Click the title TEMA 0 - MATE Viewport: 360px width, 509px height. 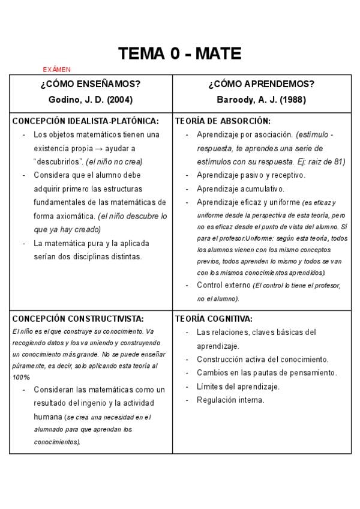pyautogui.click(x=179, y=54)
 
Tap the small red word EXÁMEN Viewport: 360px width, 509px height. pyautogui.click(x=57, y=70)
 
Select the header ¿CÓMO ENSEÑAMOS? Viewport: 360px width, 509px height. pyautogui.click(x=91, y=84)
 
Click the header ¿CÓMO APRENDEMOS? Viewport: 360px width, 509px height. pyautogui.click(x=262, y=84)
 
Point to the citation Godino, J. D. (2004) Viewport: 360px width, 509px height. pyautogui.click(x=91, y=100)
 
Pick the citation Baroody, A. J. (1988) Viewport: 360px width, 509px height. pyautogui.click(x=262, y=100)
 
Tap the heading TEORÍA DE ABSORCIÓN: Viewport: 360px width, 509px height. pyautogui.click(x=223, y=121)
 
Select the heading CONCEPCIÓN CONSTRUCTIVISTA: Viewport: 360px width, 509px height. pyautogui.click(x=78, y=319)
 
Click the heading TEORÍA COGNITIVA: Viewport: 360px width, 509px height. pyautogui.click(x=214, y=319)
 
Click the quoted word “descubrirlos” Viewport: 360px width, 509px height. pyautogui.click(x=58, y=161)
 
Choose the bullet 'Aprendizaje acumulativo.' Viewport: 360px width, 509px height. pyautogui.click(x=241, y=189)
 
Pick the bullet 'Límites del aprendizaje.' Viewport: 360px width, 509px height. pyautogui.click(x=238, y=387)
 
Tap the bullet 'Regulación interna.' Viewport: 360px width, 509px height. pyautogui.click(x=230, y=400)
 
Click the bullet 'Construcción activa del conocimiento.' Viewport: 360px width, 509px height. pyautogui.click(x=262, y=360)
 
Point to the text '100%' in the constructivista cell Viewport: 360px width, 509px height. pyautogui.click(x=21, y=377)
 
